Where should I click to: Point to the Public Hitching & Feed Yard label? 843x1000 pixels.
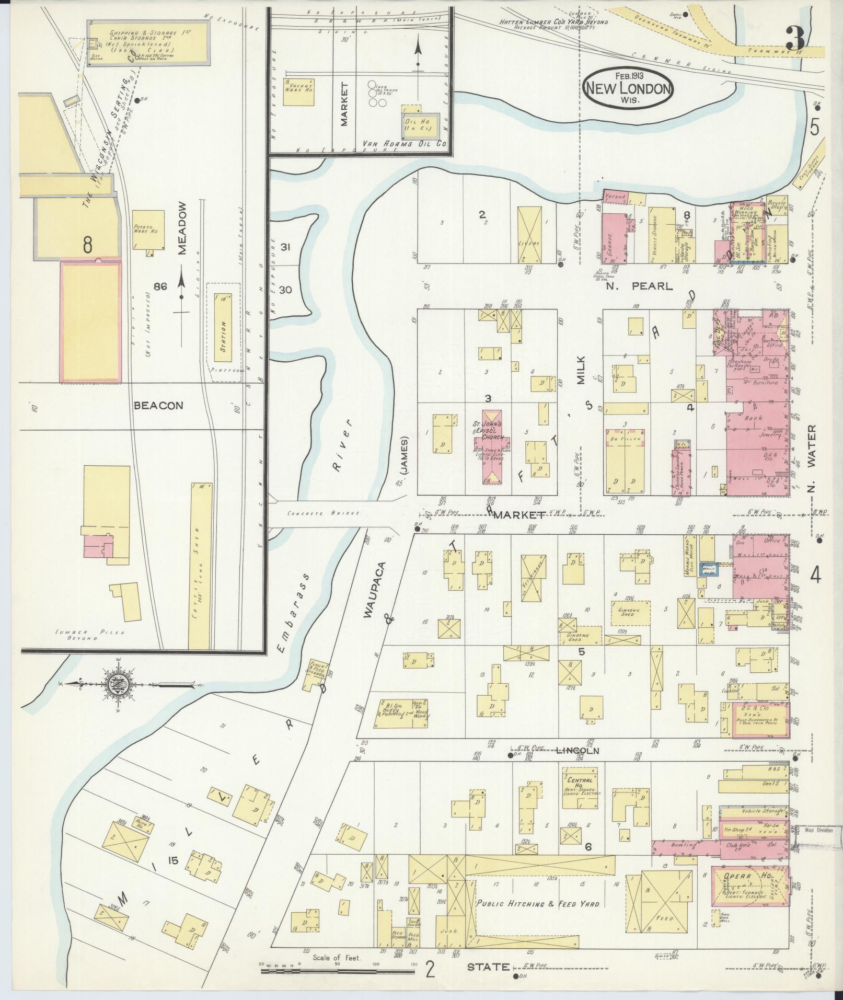[538, 903]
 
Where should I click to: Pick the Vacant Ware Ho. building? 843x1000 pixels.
[299, 92]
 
